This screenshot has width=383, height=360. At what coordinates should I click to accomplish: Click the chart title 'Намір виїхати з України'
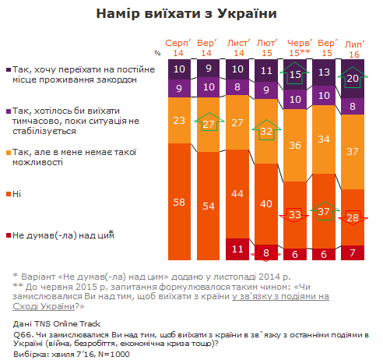(x=191, y=14)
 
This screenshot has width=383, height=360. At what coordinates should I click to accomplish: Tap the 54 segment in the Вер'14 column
(x=206, y=205)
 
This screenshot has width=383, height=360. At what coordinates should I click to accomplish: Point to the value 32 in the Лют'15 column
(x=266, y=132)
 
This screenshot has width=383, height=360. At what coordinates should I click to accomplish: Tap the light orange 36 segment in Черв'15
(x=296, y=146)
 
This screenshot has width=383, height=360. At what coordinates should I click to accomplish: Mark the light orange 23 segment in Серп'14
(x=178, y=120)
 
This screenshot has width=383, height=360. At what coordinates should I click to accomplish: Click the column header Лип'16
(x=353, y=46)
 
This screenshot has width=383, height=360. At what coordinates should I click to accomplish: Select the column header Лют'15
(x=266, y=46)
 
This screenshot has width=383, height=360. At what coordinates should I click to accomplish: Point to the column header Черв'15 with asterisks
(x=296, y=46)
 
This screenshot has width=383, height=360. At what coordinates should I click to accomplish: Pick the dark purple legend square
(x=7, y=71)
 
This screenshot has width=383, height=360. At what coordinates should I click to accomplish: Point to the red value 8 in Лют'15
(x=266, y=252)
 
